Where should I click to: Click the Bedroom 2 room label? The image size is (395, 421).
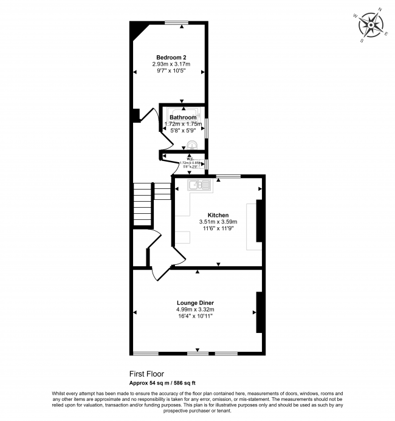coord(168,57)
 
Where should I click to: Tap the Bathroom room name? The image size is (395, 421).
coord(183,117)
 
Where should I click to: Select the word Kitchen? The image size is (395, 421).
coord(218,215)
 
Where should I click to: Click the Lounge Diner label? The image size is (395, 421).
coord(195,303)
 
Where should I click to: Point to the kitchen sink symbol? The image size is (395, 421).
coord(199,184)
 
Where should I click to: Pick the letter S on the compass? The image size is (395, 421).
coord(362,41)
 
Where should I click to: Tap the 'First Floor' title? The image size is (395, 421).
coord(146,374)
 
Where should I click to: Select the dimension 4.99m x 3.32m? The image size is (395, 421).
coord(195,309)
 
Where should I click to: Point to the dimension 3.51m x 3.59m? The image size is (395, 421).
coord(218,222)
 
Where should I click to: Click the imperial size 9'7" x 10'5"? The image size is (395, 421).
coord(168,70)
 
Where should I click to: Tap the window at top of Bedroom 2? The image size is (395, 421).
coord(176,22)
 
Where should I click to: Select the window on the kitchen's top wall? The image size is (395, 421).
coord(228,176)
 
